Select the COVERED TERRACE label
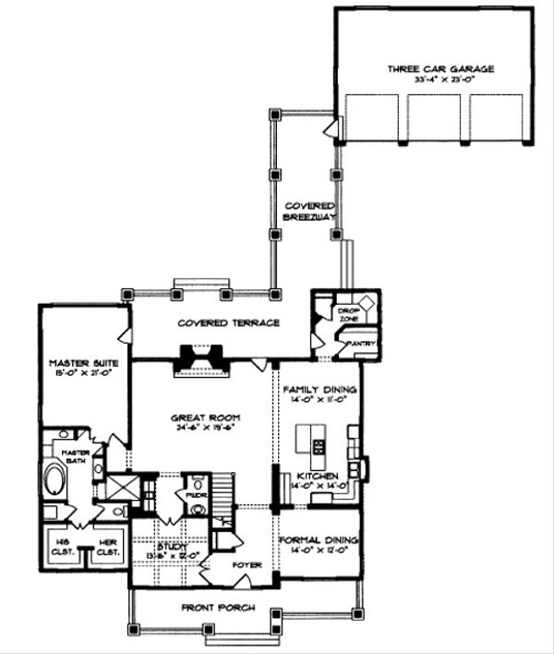click(x=230, y=322)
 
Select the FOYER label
click(x=247, y=563)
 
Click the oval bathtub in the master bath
click(x=54, y=481)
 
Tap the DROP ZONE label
click(x=348, y=313)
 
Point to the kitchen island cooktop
click(x=319, y=447)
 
